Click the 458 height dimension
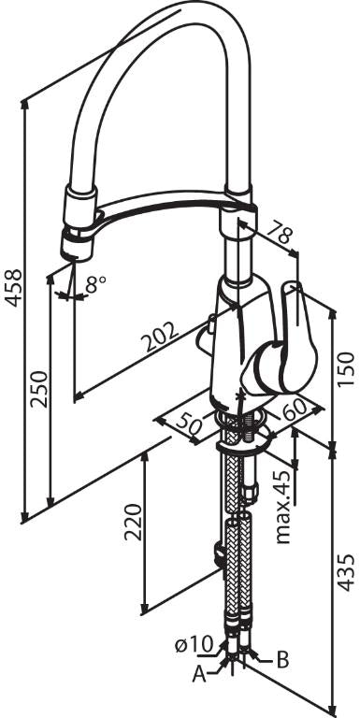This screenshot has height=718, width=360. pyautogui.click(x=13, y=288)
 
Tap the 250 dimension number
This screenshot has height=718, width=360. pyautogui.click(x=39, y=389)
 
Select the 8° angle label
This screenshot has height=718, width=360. pyautogui.click(x=95, y=285)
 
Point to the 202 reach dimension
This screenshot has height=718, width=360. pyautogui.click(x=158, y=337)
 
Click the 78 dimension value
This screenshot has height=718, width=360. pyautogui.click(x=280, y=233)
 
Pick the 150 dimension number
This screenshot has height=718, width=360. pyautogui.click(x=345, y=369)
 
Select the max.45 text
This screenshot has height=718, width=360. pyautogui.click(x=284, y=507)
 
